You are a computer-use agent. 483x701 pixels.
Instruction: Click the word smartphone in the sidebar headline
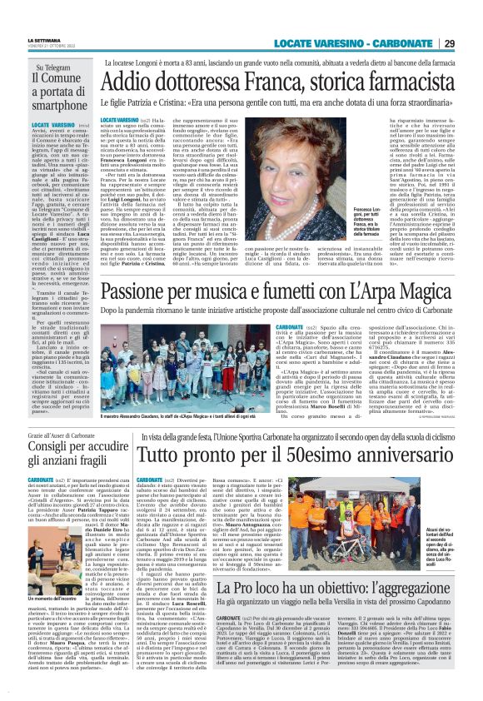coord(49,105)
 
